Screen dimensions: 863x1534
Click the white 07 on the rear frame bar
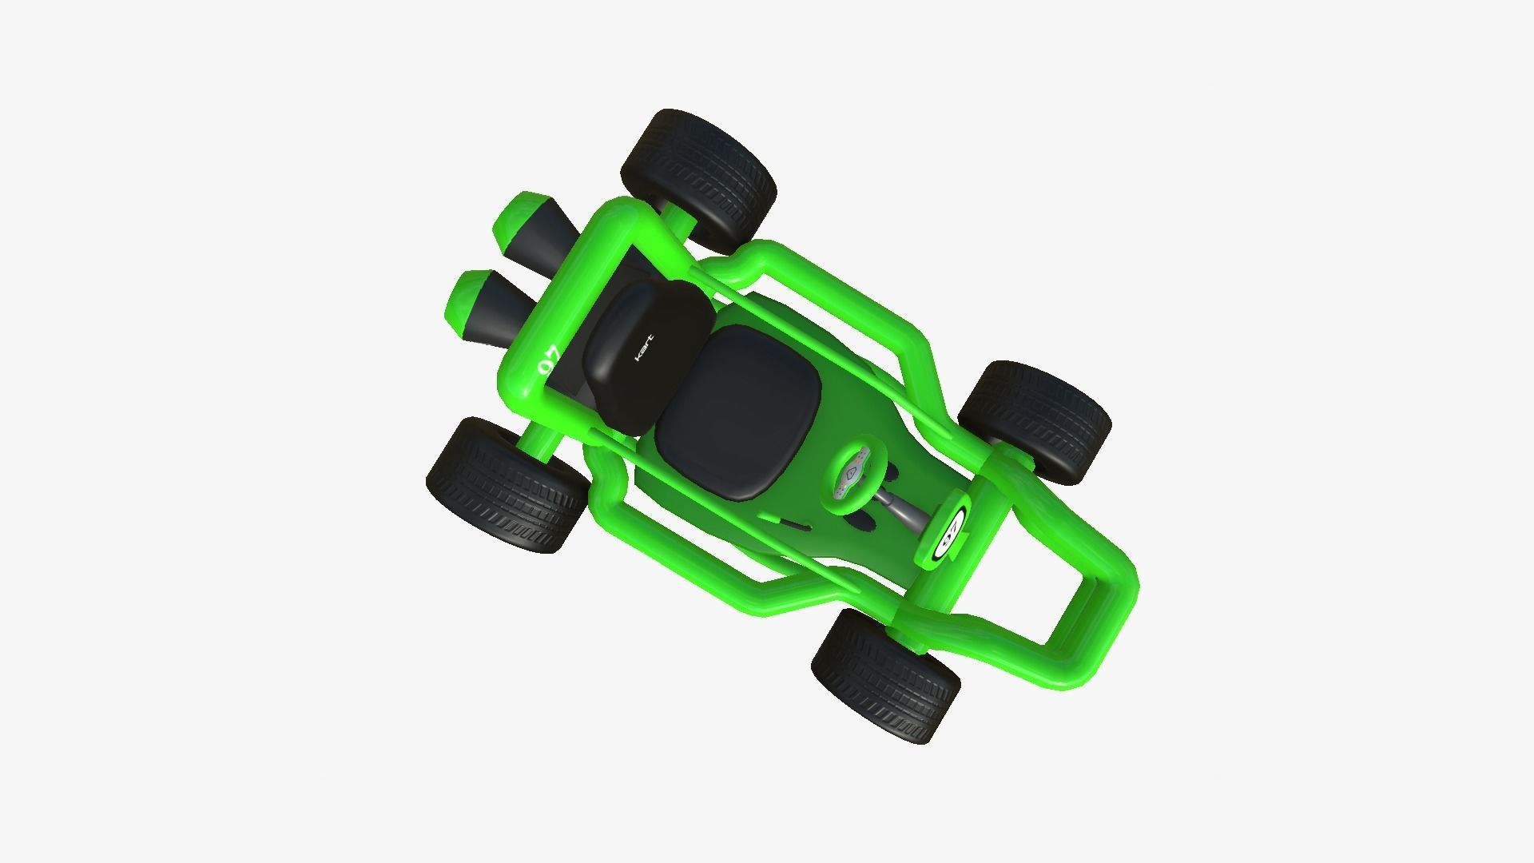point(549,360)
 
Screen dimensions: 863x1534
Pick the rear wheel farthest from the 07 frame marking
point(697,178)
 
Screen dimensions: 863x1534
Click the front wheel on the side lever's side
point(885,676)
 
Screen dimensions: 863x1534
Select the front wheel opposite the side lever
point(1035,421)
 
